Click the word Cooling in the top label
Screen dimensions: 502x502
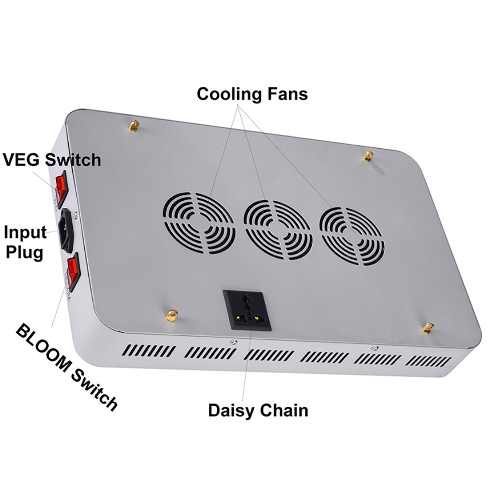click(229, 94)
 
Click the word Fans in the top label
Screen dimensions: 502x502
click(286, 94)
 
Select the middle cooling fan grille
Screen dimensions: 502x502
click(278, 229)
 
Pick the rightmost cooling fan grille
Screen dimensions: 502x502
click(352, 236)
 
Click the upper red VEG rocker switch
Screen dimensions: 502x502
click(61, 188)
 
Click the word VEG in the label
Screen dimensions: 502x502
click(22, 160)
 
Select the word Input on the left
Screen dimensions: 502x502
click(25, 232)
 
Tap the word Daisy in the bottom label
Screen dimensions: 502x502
click(231, 410)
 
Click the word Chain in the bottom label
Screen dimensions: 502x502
click(284, 410)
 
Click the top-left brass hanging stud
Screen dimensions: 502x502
click(134, 126)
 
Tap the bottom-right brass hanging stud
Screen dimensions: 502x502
click(428, 328)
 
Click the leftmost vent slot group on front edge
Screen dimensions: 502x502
click(149, 350)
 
